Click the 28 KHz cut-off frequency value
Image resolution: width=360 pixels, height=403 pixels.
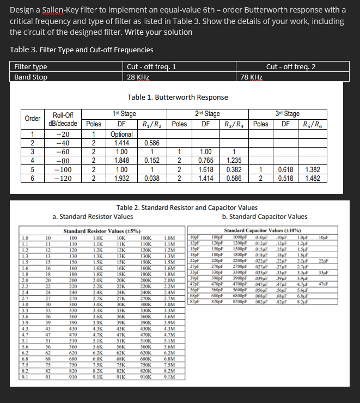coord(138,77)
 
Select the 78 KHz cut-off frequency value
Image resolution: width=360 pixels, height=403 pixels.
coord(251,77)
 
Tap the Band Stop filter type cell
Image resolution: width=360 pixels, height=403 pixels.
coord(30,77)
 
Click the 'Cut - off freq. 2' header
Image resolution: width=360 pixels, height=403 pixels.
coord(291,66)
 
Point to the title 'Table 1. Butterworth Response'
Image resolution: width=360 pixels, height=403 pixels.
coord(178,97)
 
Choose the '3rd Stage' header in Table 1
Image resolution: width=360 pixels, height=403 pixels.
coord(288,114)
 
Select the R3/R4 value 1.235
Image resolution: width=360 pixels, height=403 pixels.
coord(233,160)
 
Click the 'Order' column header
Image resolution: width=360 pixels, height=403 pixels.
coord(32,119)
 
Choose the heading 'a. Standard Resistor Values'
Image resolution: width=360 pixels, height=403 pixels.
coord(93,217)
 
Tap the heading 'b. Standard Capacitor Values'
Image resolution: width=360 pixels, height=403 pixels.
coord(265,217)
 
